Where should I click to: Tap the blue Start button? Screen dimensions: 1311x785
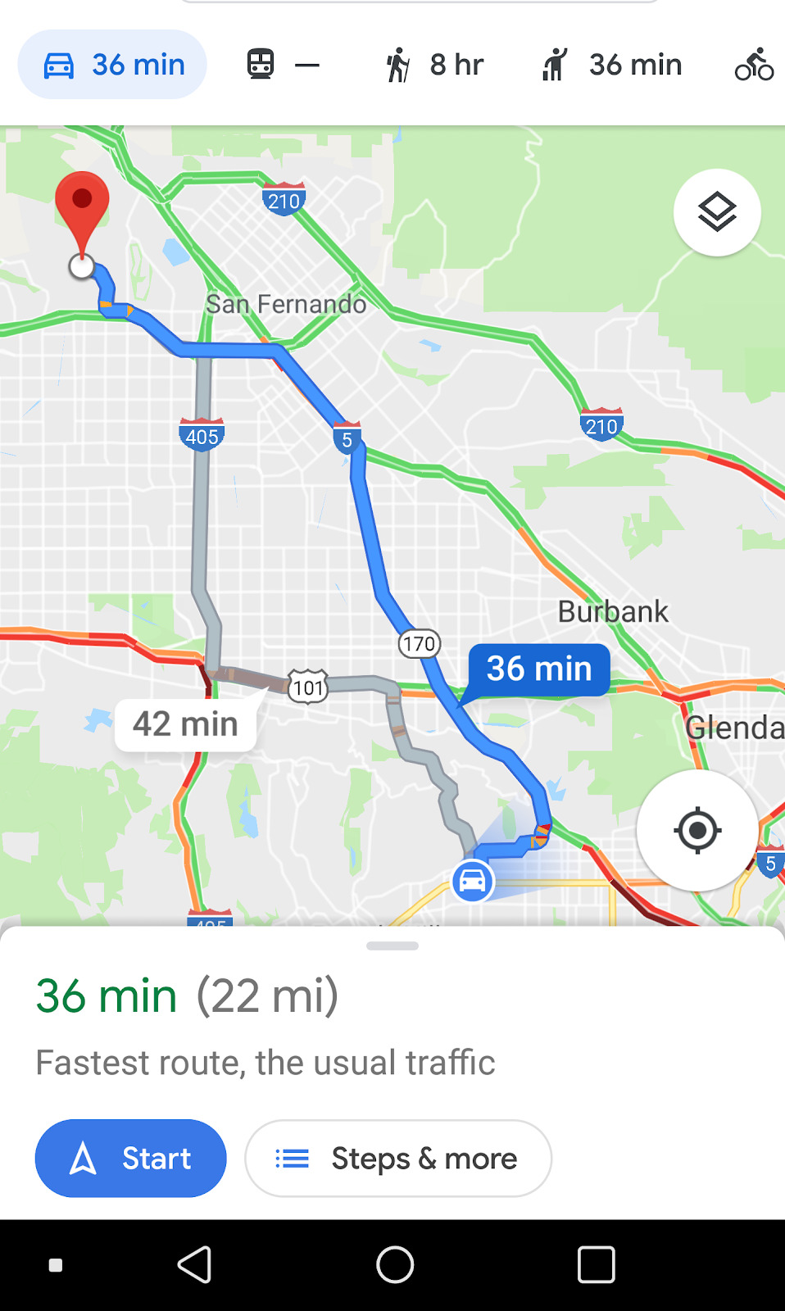[130, 1158]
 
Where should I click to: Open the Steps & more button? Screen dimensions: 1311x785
[398, 1158]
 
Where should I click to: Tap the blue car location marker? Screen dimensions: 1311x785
[473, 882]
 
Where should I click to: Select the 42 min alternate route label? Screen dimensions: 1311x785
[186, 724]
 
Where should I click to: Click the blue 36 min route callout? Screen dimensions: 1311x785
[539, 669]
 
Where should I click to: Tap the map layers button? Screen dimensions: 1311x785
[717, 212]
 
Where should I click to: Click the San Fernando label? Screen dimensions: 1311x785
[286, 304]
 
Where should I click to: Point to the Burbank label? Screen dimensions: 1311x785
[613, 611]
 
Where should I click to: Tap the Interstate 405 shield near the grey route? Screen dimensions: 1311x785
[202, 436]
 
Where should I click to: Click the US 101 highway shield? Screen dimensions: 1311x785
[308, 687]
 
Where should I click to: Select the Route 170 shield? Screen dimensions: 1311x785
[419, 644]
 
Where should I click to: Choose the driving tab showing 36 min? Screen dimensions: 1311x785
[112, 65]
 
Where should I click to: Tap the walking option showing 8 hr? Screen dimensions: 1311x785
[435, 65]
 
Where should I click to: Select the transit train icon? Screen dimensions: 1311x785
[261, 64]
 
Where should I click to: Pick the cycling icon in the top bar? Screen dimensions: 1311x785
[754, 65]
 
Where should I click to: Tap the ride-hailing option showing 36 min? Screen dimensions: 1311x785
[611, 65]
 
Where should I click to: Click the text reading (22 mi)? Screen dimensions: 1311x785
[267, 996]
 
